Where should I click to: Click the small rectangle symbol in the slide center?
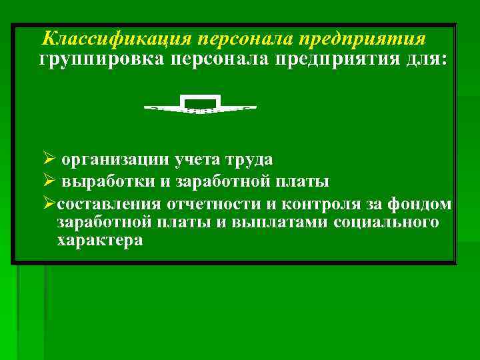pyautogui.click(x=201, y=102)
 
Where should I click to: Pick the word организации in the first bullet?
pyautogui.click(x=115, y=160)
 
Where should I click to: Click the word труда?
pyautogui.click(x=249, y=160)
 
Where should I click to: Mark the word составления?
pyautogui.click(x=110, y=203)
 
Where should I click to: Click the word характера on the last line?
pyautogui.click(x=100, y=240)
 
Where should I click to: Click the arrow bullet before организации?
pyautogui.click(x=47, y=160)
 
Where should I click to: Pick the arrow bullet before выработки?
pyautogui.click(x=47, y=181)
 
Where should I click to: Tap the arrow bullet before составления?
pyautogui.click(x=47, y=203)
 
